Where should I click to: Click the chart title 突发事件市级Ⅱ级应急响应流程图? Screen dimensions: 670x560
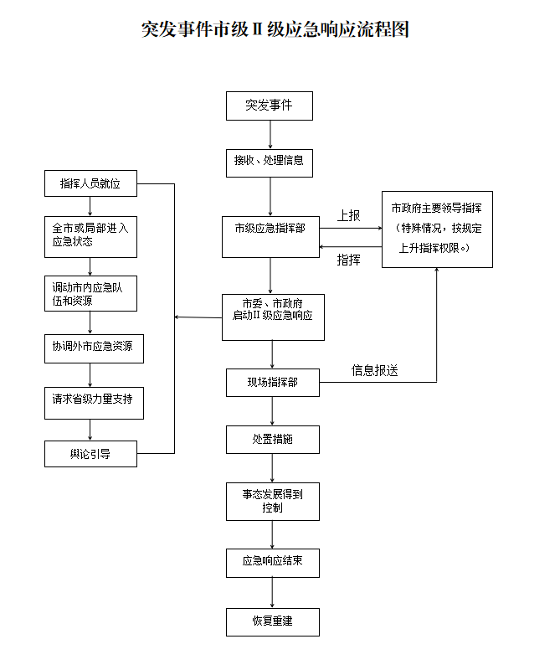pyautogui.click(x=275, y=29)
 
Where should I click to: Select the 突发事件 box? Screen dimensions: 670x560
pyautogui.click(x=269, y=106)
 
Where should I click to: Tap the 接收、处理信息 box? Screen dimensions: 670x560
pyautogui.click(x=269, y=160)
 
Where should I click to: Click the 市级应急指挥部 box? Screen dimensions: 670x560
pyautogui.click(x=270, y=235)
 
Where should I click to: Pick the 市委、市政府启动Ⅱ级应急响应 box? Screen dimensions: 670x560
pyautogui.click(x=272, y=317)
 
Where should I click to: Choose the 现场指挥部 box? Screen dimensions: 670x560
pyautogui.click(x=272, y=383)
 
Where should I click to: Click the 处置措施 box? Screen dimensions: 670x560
pyautogui.click(x=272, y=438)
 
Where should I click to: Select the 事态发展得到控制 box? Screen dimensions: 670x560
pyautogui.click(x=272, y=501)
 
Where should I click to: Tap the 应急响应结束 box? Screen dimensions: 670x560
pyautogui.click(x=272, y=562)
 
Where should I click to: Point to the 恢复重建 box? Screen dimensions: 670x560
pyautogui.click(x=272, y=621)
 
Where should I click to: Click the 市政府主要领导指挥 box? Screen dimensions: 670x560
pyautogui.click(x=437, y=229)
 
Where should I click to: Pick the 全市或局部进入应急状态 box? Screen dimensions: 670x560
pyautogui.click(x=90, y=235)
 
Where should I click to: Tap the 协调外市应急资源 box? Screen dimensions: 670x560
pyautogui.click(x=93, y=348)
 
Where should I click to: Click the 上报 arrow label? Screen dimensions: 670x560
pyautogui.click(x=348, y=215)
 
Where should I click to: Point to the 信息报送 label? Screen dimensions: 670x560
pyautogui.click(x=374, y=370)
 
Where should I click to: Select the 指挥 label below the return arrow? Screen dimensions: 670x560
pyautogui.click(x=348, y=260)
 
